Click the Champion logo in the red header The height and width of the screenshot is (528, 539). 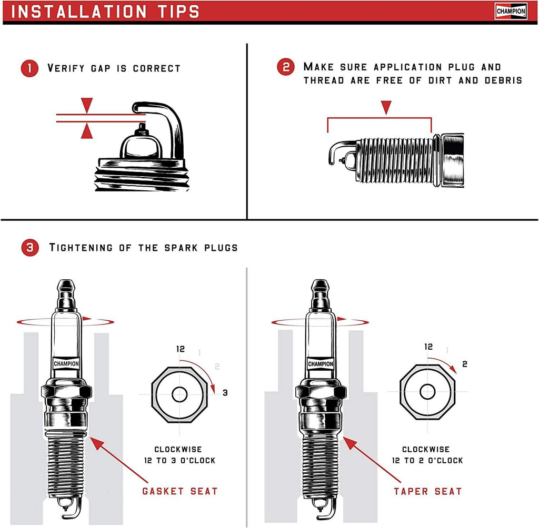pyautogui.click(x=511, y=11)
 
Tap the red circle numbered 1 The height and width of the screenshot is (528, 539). pyautogui.click(x=29, y=68)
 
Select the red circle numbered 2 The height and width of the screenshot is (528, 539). pyautogui.click(x=286, y=67)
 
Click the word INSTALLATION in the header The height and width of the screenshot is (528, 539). pyautogui.click(x=79, y=12)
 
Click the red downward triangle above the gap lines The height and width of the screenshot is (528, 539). pyautogui.click(x=87, y=104)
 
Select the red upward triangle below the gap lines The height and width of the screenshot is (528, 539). pyautogui.click(x=87, y=131)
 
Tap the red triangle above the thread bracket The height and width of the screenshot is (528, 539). pyautogui.click(x=387, y=107)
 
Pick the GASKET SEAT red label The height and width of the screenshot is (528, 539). pyautogui.click(x=179, y=491)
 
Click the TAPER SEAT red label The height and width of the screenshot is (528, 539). pyautogui.click(x=427, y=491)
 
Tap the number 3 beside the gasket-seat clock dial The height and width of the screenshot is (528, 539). pyautogui.click(x=224, y=392)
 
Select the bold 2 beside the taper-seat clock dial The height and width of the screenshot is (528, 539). pyautogui.click(x=465, y=364)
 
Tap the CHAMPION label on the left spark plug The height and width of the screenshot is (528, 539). pyautogui.click(x=66, y=363)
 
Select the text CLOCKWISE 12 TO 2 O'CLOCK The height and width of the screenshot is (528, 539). pyautogui.click(x=426, y=455)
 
